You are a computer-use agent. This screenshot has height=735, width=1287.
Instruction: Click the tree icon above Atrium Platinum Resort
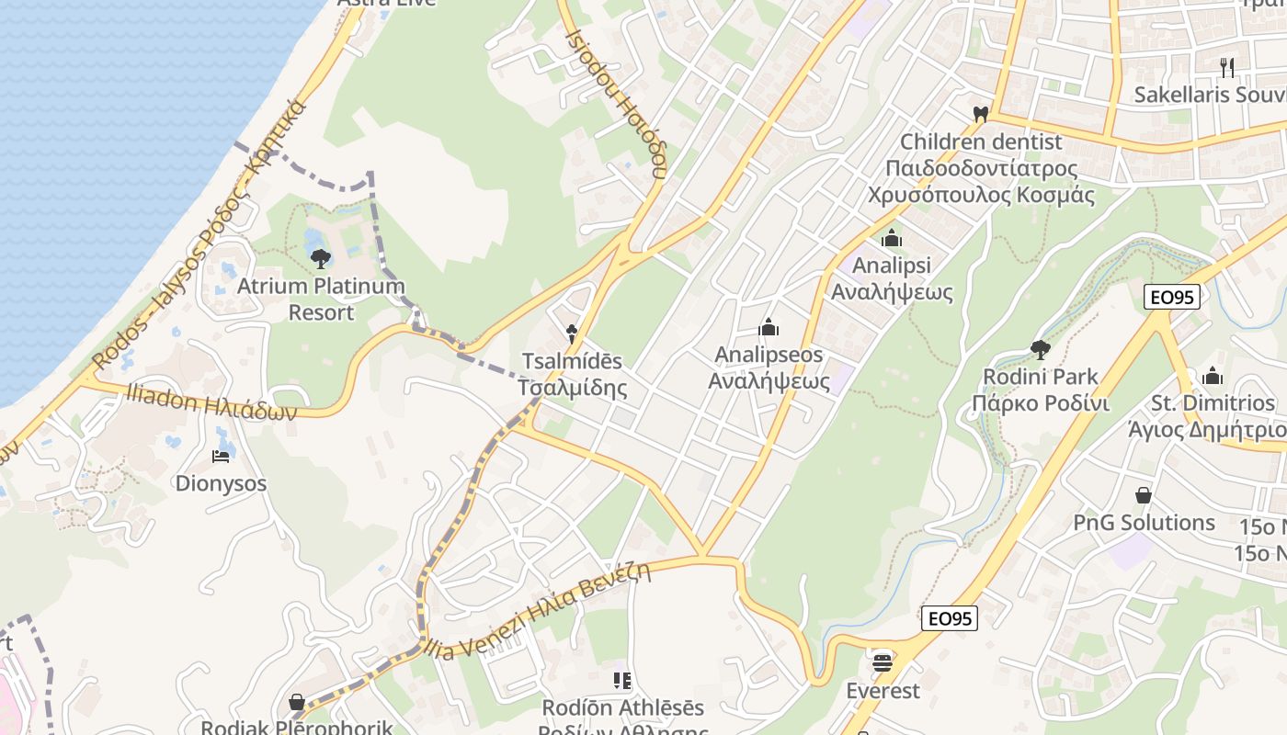click(320, 259)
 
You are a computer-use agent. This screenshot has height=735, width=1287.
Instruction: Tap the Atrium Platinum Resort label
click(321, 299)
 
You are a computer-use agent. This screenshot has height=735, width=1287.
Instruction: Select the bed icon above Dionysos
click(221, 456)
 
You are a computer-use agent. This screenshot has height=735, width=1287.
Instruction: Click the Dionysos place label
click(221, 483)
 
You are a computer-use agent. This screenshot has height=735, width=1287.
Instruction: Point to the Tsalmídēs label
click(572, 374)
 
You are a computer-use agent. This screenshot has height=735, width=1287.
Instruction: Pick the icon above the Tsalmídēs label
click(572, 334)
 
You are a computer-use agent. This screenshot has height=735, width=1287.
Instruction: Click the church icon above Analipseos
click(769, 327)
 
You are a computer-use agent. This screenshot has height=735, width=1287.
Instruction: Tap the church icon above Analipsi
click(891, 239)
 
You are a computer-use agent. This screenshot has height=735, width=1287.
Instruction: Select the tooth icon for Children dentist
click(980, 115)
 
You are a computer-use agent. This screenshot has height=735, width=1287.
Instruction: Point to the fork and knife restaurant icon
click(1226, 67)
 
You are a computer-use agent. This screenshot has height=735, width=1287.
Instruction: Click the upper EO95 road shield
click(1172, 297)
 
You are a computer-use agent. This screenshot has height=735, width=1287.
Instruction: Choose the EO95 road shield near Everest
click(950, 618)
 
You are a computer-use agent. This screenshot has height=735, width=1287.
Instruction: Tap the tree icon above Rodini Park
click(1041, 349)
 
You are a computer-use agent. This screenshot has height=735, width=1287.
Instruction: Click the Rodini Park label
click(1041, 390)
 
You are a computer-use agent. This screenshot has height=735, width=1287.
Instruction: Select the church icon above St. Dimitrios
click(1213, 376)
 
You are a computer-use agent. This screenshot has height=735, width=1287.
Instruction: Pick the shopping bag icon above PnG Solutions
click(1144, 496)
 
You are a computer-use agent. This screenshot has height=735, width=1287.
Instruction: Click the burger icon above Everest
click(883, 661)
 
